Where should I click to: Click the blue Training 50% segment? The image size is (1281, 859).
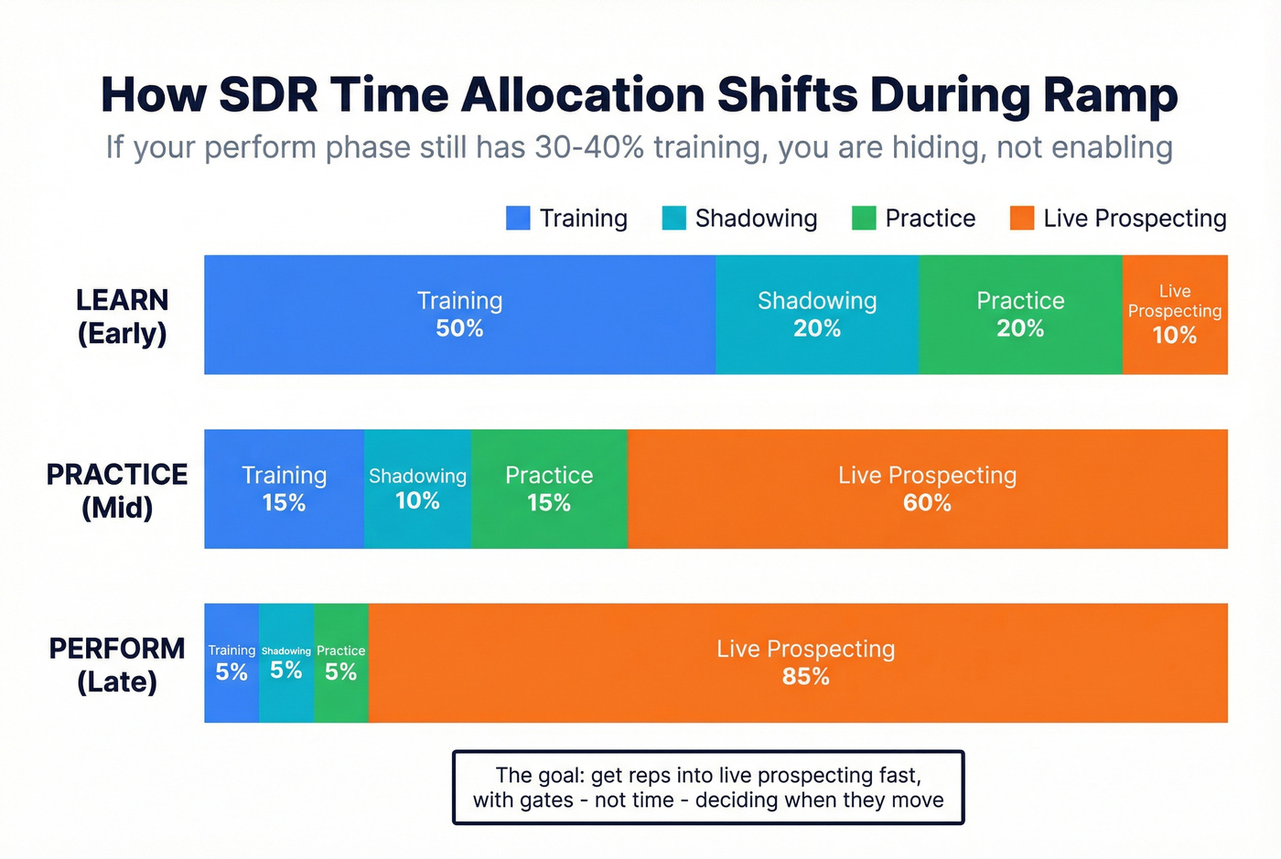tap(459, 315)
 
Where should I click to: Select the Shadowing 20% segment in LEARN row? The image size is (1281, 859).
tap(817, 315)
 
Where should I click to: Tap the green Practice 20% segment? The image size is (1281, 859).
tap(1020, 315)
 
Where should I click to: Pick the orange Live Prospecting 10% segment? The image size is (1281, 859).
tap(1175, 315)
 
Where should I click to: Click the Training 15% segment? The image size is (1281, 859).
tap(284, 489)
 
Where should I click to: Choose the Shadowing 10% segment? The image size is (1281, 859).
tap(417, 489)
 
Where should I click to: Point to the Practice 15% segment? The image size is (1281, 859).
tap(549, 489)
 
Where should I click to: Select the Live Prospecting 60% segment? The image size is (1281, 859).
tap(927, 489)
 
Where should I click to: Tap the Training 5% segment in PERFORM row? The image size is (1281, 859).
tap(231, 663)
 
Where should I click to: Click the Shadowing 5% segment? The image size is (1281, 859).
tap(286, 663)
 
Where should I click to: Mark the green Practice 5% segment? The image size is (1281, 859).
tap(341, 663)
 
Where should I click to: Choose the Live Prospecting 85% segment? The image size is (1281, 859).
tap(805, 663)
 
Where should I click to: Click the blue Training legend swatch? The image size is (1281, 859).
tap(518, 218)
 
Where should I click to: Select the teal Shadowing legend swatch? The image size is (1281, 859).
tap(674, 218)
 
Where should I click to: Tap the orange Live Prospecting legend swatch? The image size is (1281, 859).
tap(1022, 218)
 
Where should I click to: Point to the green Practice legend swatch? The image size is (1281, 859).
tap(864, 218)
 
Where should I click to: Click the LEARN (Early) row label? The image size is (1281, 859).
tap(122, 317)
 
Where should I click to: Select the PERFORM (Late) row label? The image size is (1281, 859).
tap(117, 665)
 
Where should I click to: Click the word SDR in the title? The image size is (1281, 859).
tap(268, 94)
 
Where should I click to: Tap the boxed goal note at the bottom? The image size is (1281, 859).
tap(708, 788)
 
